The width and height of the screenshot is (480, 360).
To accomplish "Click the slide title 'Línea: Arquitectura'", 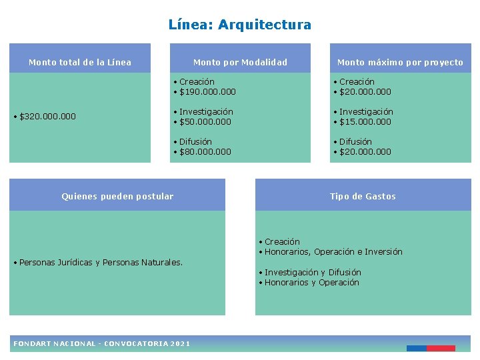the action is click(240, 25).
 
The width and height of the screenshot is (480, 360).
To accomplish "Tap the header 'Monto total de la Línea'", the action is click(80, 62).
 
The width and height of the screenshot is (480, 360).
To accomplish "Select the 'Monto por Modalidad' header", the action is click(240, 62).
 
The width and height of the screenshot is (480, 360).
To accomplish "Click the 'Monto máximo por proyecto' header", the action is click(400, 62).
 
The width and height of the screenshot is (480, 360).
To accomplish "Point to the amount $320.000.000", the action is click(47, 117).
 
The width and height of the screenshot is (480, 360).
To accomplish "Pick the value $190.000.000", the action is click(207, 92).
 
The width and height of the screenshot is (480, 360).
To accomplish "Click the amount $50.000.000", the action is click(205, 122).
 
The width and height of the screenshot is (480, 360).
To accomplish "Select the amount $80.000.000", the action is click(205, 152).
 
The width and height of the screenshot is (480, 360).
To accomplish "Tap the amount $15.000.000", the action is click(365, 122).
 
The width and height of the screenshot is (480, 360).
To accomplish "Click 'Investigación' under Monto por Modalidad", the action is click(206, 112).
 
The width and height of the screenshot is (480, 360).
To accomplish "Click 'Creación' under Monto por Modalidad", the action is click(197, 82).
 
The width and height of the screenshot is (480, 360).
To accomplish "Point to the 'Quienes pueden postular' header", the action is click(117, 196).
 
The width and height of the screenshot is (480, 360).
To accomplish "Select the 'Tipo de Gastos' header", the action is click(363, 196).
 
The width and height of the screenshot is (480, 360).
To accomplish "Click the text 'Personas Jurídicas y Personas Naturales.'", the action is click(101, 263).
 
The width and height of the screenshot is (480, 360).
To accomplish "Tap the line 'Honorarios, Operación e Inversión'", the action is click(333, 252).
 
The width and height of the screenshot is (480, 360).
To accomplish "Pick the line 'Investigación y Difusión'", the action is click(313, 273).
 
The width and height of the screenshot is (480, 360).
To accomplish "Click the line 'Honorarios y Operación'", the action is click(311, 283).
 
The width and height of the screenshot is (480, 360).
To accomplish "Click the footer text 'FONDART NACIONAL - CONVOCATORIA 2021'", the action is click(102, 343).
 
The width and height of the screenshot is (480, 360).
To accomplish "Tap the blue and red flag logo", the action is click(431, 348).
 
